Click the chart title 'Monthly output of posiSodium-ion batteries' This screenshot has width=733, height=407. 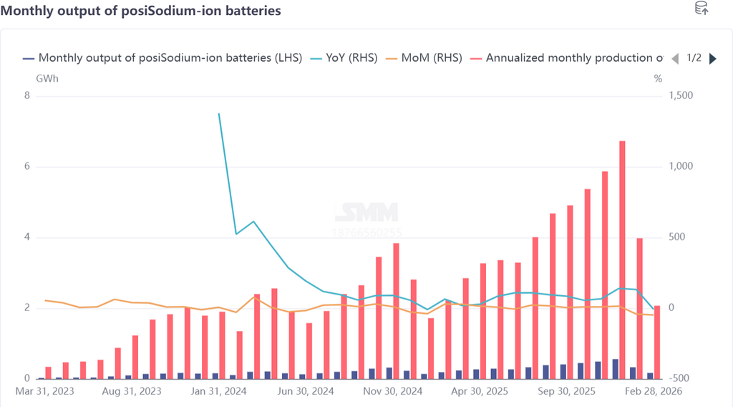(x=141, y=11)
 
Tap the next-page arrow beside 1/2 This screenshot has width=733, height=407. (x=712, y=59)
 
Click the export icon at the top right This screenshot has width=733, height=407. (x=702, y=9)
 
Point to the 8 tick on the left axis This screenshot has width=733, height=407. (x=27, y=96)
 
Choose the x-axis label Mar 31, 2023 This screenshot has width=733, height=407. (x=44, y=392)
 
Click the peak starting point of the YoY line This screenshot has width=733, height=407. (x=218, y=113)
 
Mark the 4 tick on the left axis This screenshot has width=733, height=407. (x=27, y=238)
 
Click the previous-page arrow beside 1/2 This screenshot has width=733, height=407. (x=675, y=59)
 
